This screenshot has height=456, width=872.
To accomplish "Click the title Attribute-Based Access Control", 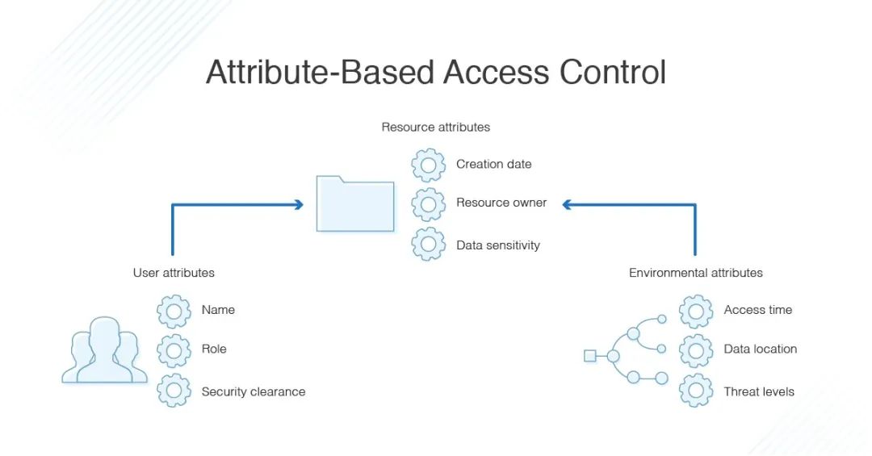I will point(436,72).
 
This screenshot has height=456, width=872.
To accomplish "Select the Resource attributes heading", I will point(435,127).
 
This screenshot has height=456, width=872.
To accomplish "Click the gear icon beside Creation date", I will point(428,165).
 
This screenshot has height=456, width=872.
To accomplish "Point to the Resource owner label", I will point(501,203).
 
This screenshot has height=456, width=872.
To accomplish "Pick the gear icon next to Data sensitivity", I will point(428,245).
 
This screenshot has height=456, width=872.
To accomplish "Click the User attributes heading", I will point(174,273).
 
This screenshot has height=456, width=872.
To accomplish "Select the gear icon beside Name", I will point(174,311).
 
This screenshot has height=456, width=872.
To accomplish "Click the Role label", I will point(214,349).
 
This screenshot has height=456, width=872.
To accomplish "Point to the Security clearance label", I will point(253,392).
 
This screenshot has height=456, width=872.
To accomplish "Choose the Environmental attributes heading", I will point(695,273).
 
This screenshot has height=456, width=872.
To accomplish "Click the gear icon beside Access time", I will point(695,311).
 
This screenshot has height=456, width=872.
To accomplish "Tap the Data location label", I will point(760,349).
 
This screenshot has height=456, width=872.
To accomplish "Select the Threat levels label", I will point(758,392).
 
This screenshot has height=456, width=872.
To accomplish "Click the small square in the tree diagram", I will point(589,356).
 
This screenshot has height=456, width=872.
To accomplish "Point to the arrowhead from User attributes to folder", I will point(299,205).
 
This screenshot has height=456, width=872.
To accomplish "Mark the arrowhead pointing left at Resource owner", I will point(568,205).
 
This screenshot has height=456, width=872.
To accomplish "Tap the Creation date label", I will point(493,165).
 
